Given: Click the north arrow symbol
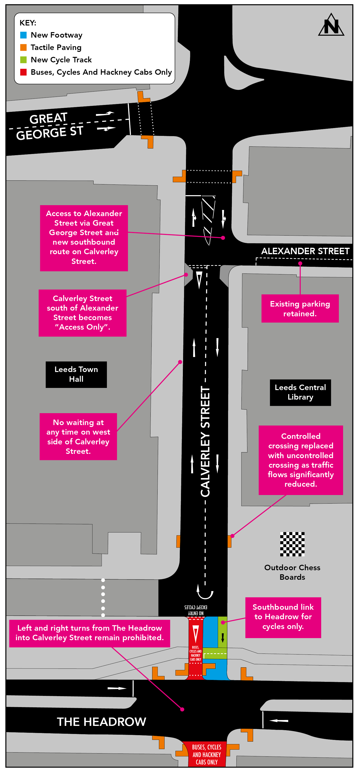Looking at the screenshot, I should [x=331, y=25].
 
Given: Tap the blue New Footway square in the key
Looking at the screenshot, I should [x=23, y=35].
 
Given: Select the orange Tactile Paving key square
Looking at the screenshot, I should [x=23, y=47].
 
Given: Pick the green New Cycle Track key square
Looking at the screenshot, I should [x=23, y=60].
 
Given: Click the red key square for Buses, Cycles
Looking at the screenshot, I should [x=23, y=72].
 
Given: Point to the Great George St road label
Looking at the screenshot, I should [x=49, y=126].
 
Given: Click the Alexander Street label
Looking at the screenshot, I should [x=305, y=251].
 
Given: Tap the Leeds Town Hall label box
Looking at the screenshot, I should [x=76, y=374].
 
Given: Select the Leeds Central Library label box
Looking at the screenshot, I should [x=300, y=392].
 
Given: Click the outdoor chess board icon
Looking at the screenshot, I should [x=292, y=544].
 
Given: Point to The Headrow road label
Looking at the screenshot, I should [x=101, y=722].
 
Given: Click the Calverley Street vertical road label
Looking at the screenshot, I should [x=205, y=441].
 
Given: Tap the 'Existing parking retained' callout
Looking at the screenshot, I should [x=300, y=308].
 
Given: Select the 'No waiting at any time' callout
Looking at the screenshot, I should [x=78, y=437].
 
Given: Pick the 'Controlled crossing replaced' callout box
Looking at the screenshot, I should [x=300, y=460].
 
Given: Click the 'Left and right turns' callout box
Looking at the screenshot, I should [x=90, y=633].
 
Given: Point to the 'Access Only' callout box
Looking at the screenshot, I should [x=83, y=313].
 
